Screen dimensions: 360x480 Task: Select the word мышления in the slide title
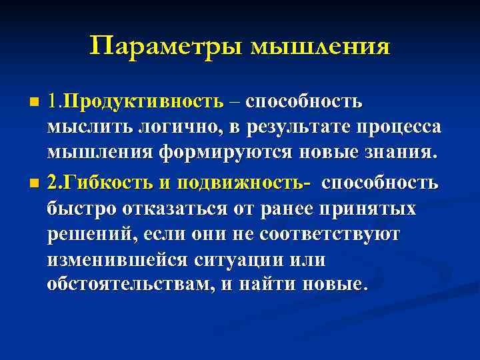point(320,47)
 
